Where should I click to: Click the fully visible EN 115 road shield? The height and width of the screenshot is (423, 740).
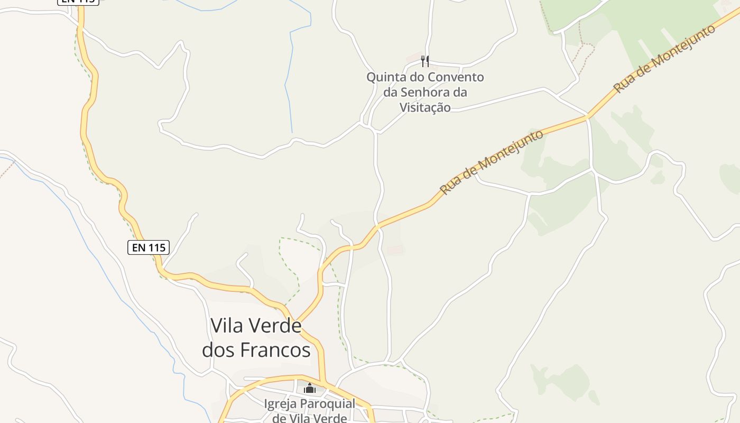click(149, 247)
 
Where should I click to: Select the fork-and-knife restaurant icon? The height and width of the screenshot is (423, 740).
click(425, 61)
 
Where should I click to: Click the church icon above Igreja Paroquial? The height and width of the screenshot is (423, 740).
click(310, 389)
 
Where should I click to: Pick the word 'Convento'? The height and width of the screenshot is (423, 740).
click(456, 77)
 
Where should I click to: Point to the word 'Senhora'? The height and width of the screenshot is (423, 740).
click(425, 93)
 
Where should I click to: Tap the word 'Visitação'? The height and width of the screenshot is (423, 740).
click(425, 108)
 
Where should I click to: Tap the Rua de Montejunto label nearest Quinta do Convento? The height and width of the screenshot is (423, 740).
click(492, 162)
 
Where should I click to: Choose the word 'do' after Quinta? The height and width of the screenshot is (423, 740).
click(417, 77)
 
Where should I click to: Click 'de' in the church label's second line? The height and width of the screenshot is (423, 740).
click(279, 418)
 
